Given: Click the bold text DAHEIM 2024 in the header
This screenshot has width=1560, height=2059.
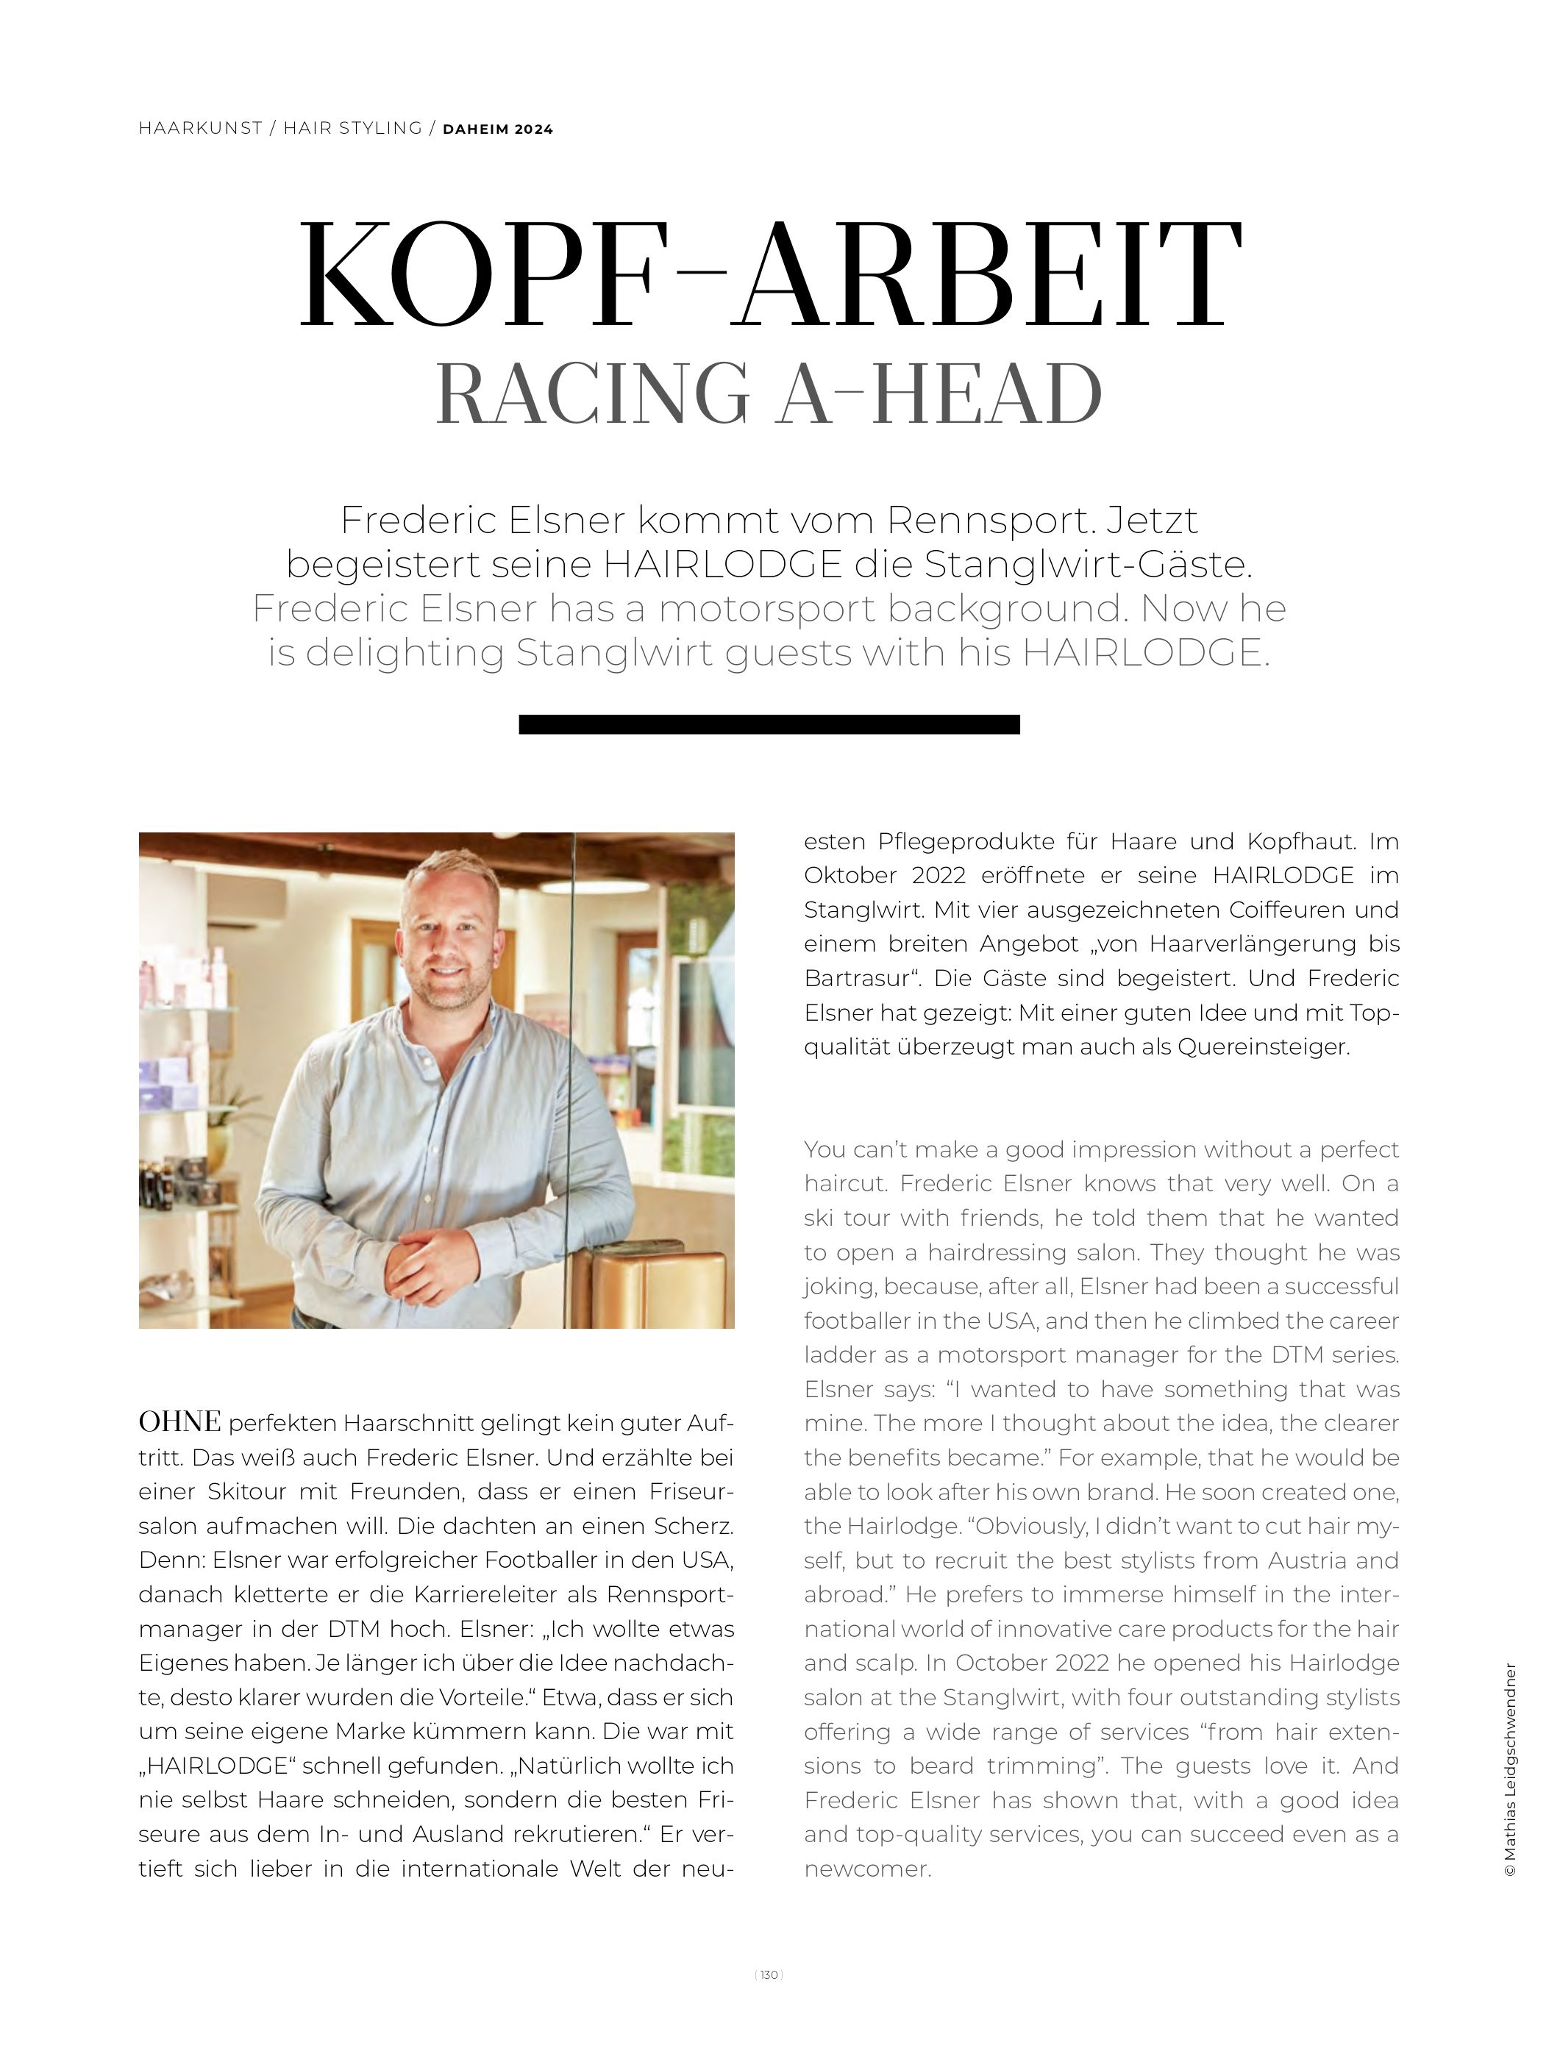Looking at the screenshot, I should [498, 129].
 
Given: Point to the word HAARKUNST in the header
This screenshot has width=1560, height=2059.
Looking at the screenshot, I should [200, 129].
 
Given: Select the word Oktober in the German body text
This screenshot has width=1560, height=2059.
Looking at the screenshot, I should [851, 876].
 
